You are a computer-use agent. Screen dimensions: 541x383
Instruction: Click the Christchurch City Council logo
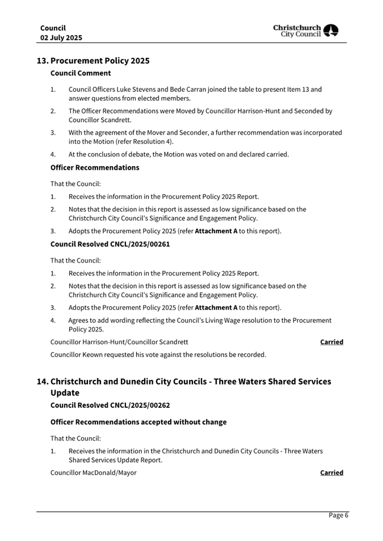[305, 31]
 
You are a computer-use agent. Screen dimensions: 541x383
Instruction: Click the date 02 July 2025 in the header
[61, 37]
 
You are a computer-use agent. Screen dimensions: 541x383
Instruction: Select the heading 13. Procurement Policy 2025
[93, 61]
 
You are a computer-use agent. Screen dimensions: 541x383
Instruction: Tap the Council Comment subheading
[81, 73]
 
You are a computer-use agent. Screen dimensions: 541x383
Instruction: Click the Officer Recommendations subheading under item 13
[95, 168]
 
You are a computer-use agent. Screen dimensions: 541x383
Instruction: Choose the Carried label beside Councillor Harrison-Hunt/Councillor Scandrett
[331, 342]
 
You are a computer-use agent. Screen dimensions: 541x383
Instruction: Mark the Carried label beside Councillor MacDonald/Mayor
[331, 472]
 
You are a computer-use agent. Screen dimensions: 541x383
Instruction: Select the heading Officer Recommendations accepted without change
[138, 422]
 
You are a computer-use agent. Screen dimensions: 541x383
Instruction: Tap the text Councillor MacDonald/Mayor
[93, 472]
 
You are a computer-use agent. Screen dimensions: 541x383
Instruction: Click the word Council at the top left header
[53, 28]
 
